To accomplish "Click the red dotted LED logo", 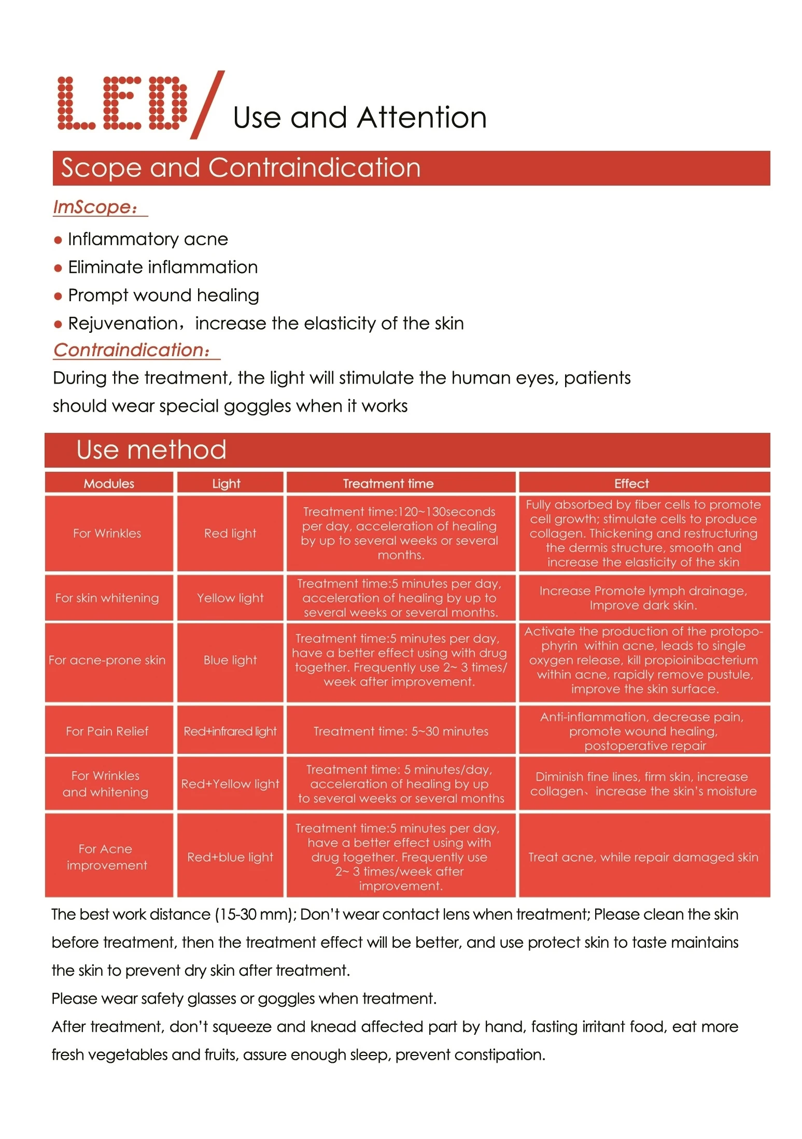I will [x=121, y=103].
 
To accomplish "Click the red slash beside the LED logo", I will [x=207, y=105].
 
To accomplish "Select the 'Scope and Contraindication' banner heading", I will [x=241, y=168].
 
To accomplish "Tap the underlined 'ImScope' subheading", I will [x=96, y=207].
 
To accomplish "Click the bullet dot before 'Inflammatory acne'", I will [x=58, y=240].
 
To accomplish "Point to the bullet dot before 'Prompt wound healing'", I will [x=58, y=296].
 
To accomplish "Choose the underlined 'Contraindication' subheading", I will [x=132, y=350].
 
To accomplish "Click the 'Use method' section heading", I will [x=151, y=449].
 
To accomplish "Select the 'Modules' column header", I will [x=109, y=484].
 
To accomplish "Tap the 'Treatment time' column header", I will [x=388, y=484].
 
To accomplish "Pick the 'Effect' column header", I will [x=631, y=484].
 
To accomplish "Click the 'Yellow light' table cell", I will [x=230, y=598].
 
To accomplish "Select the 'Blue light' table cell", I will [x=230, y=660].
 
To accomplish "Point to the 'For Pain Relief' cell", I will [x=107, y=731].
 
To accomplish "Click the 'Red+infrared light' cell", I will [x=230, y=731].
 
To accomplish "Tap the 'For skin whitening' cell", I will [x=107, y=598].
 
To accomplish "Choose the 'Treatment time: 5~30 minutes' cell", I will [x=401, y=731].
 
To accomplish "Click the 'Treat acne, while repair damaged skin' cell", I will [x=643, y=857].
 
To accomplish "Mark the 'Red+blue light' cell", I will [x=230, y=857].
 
